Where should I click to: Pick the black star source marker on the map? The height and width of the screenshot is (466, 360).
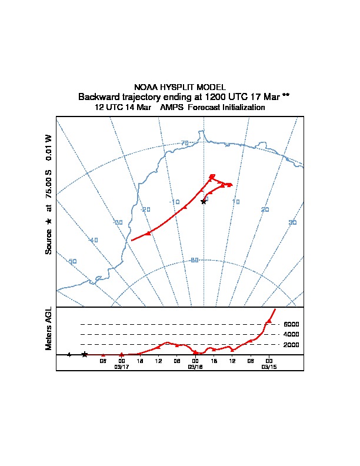pos(204,201)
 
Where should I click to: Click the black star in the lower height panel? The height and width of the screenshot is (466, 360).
pos(85,354)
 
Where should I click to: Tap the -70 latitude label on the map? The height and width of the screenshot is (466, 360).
pos(184,143)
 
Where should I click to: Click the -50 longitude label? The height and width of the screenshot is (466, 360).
pos(72,261)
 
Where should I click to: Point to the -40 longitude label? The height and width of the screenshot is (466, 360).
pos(93,240)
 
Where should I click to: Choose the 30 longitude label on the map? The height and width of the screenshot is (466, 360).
pos(292,222)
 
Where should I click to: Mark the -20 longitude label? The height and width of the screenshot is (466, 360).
pos(145,209)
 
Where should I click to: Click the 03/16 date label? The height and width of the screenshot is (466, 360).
pos(195,367)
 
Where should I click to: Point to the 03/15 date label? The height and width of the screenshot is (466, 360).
pos(268,367)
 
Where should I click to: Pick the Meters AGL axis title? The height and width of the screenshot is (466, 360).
pos(49,329)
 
